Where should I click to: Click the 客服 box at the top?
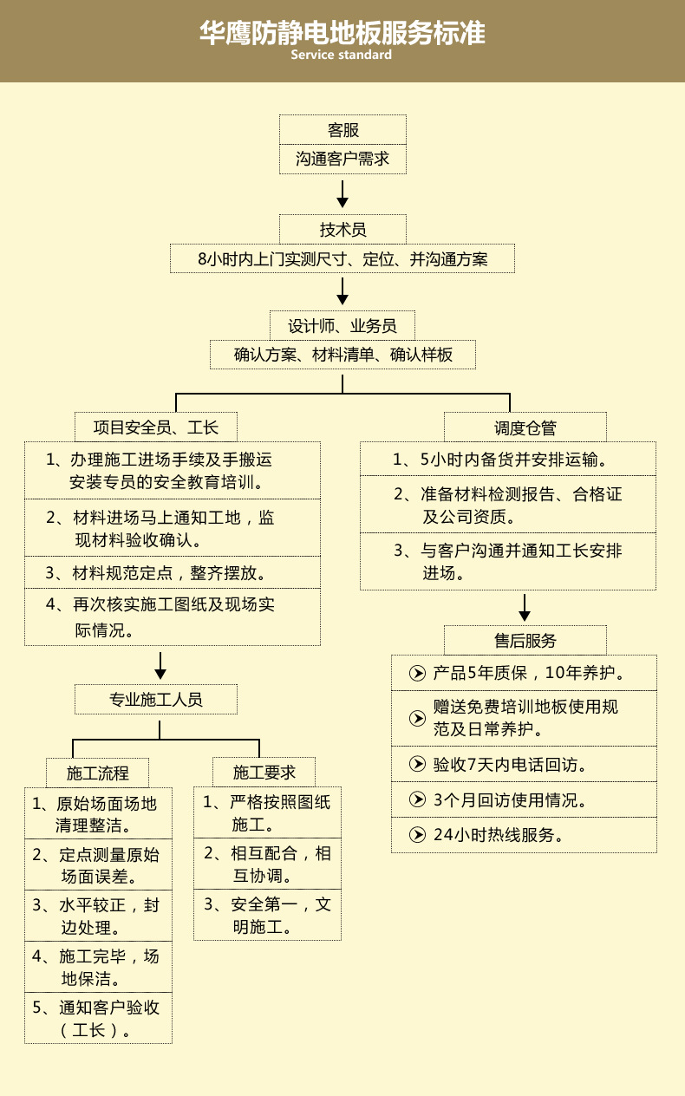coord(342,130)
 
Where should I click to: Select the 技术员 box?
coord(342,230)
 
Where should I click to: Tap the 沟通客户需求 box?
coord(342,160)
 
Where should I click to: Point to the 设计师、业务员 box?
coord(342,326)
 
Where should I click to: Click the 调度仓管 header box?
coord(525,427)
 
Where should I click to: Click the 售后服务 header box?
coord(525,641)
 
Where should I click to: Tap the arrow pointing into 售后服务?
coord(525,608)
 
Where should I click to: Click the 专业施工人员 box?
coord(156,699)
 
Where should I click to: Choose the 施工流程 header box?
coord(98,772)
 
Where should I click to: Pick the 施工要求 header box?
coord(264,772)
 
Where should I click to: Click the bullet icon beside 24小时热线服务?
coord(417,836)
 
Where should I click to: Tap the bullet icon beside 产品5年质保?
coord(417,673)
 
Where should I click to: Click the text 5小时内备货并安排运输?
coord(512,460)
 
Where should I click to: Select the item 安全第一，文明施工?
coord(267,916)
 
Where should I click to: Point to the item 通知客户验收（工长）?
coord(98,1019)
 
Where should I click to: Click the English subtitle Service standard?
coord(342,55)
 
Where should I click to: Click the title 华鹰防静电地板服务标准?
coord(342,33)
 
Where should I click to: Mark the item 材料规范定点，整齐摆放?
coord(171,573)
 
